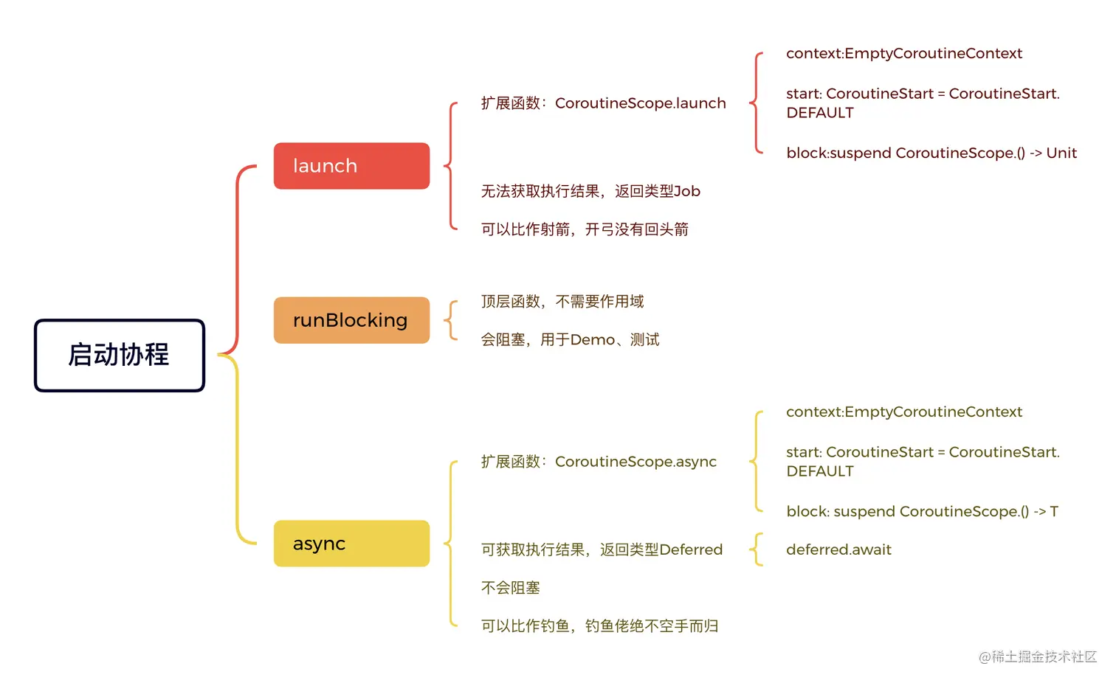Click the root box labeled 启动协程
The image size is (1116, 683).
tap(119, 355)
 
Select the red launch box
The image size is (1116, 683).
tap(351, 166)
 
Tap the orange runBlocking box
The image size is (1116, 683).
tap(351, 320)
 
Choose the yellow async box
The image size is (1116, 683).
tap(351, 544)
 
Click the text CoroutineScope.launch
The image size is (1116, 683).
tap(640, 103)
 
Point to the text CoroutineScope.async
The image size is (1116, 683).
tap(635, 462)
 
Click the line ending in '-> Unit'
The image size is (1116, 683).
tap(931, 153)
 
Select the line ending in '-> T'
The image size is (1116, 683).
tap(922, 511)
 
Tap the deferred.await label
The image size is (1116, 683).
tap(838, 549)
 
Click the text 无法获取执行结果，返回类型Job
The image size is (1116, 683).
tap(590, 191)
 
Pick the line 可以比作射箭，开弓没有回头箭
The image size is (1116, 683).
tap(585, 229)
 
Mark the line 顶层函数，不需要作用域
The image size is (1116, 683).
tap(562, 302)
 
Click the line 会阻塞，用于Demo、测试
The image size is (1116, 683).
tap(570, 340)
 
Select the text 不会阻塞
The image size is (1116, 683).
tap(511, 588)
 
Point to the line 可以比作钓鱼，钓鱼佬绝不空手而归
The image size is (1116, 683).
tap(599, 626)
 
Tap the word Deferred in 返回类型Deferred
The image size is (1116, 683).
tap(691, 549)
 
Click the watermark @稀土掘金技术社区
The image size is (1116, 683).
tap(1037, 656)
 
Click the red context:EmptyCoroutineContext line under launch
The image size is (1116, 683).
tap(903, 53)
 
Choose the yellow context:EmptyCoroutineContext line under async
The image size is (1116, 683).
tap(903, 412)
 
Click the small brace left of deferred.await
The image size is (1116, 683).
tap(756, 549)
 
